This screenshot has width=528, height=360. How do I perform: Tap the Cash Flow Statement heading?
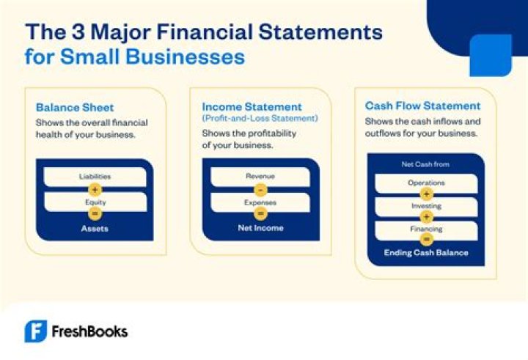[x=423, y=106]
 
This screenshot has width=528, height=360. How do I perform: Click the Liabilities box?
[x=95, y=177]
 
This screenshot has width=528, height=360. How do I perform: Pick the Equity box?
[x=95, y=202]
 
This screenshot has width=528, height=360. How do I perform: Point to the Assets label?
[x=95, y=228]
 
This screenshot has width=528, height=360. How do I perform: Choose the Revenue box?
[x=260, y=177]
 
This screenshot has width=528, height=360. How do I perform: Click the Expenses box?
[x=260, y=202]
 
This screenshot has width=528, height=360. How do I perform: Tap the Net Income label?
[x=260, y=228]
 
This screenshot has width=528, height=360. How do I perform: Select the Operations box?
[x=426, y=183]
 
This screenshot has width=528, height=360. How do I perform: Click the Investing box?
[x=426, y=207]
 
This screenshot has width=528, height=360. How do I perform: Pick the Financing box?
[x=426, y=229]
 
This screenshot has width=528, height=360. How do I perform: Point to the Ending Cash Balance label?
[x=426, y=253]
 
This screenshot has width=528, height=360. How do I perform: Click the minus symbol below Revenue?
[x=260, y=189]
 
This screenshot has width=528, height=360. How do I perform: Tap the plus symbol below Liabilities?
[x=95, y=189]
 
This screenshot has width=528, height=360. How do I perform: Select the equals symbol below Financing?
[x=426, y=240]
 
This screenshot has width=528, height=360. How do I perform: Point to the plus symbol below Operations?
[x=426, y=194]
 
